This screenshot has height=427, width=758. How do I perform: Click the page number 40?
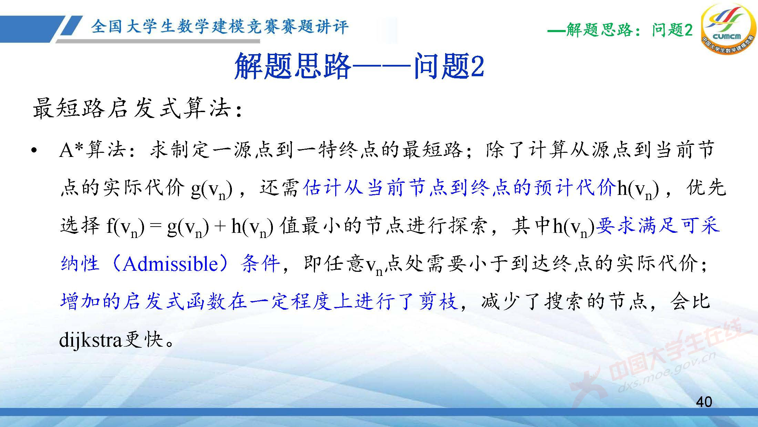point(704,402)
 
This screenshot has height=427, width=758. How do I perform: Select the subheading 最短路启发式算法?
point(136,109)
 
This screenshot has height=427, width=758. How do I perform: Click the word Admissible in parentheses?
point(171,264)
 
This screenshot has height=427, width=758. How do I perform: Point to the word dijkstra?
point(90,340)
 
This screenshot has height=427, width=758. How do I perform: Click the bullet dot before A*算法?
point(34,151)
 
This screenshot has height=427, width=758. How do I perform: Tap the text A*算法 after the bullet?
point(92,150)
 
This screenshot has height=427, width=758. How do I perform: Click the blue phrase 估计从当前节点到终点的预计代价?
point(459,188)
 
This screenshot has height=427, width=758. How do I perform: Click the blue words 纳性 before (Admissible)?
point(80,264)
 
